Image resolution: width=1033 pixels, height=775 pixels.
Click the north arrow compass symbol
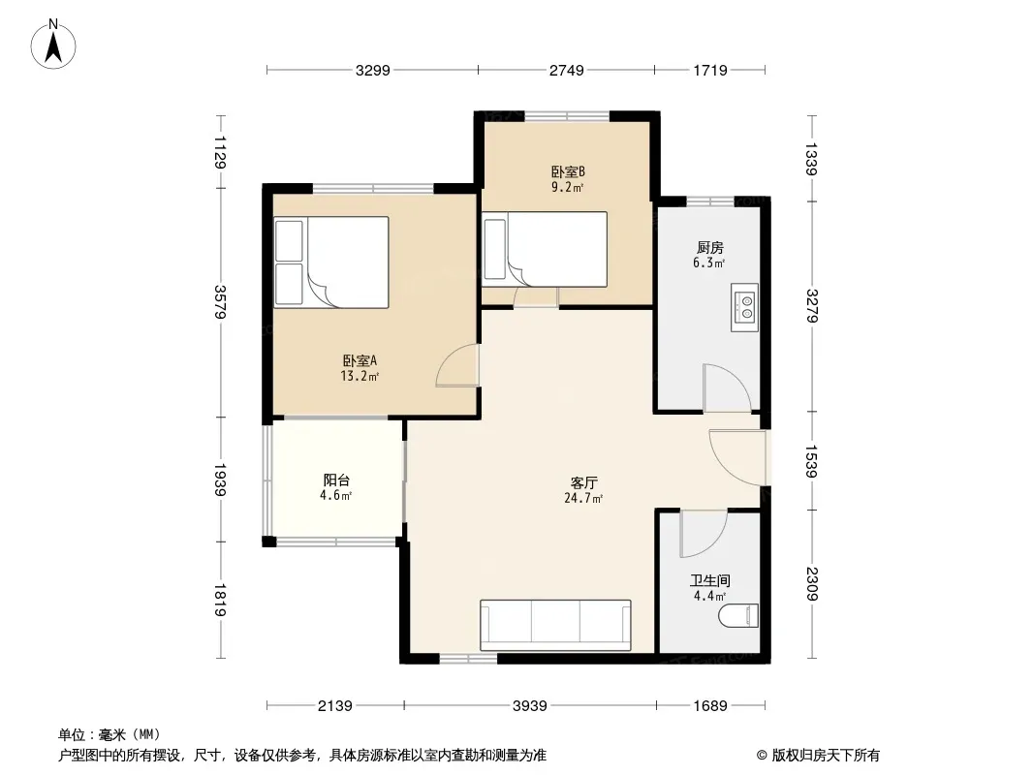coord(53,44)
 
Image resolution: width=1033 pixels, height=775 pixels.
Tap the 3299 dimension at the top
coord(373,71)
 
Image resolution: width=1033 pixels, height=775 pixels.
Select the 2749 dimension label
coord(567,71)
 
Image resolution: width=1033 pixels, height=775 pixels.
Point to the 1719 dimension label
coord(710,71)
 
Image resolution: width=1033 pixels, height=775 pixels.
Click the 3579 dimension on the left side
coord(220,302)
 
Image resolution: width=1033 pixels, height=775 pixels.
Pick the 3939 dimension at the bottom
coord(530,706)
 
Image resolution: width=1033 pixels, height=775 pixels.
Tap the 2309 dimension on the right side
coord(811,584)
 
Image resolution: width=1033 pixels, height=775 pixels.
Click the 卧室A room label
coord(360,360)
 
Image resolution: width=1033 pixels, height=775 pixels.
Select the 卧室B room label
coord(568,171)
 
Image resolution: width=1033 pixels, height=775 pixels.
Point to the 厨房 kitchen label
coord(709,248)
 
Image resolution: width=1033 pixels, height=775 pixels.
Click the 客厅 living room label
coord(583,483)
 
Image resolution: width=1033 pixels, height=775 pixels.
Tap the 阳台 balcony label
coord(336,480)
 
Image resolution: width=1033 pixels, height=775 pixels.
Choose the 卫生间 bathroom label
coord(709,580)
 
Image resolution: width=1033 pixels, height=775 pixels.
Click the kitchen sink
coord(744,307)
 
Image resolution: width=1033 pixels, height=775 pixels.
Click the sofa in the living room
coord(555,625)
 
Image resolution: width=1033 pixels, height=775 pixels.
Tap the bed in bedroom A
coord(331,263)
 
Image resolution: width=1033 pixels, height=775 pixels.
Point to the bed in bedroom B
coord(545,249)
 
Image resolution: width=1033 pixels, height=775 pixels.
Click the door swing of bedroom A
coord(457,365)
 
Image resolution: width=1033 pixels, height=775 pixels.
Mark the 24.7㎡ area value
coord(583,499)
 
